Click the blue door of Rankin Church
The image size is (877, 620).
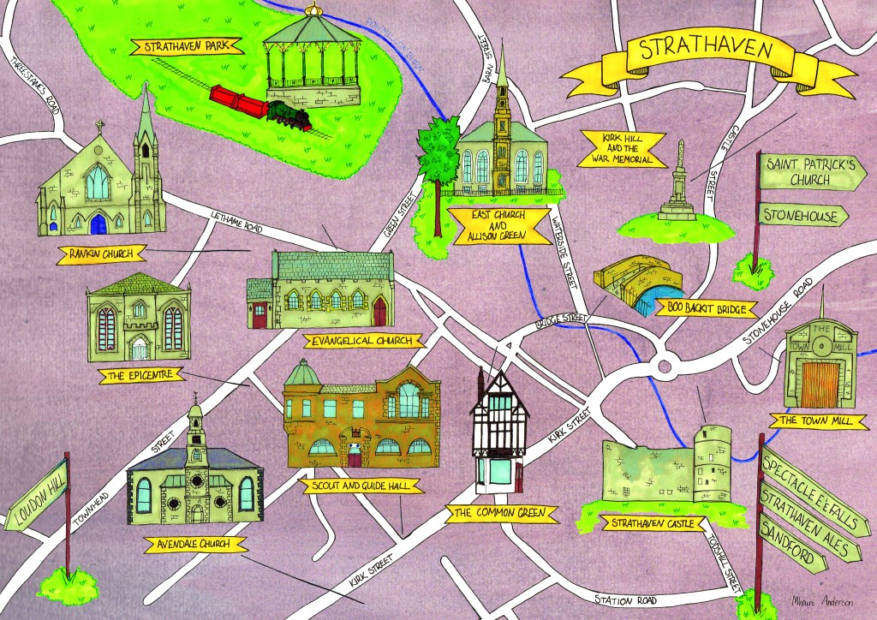pos(98,224)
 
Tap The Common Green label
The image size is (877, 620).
pos(502,513)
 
